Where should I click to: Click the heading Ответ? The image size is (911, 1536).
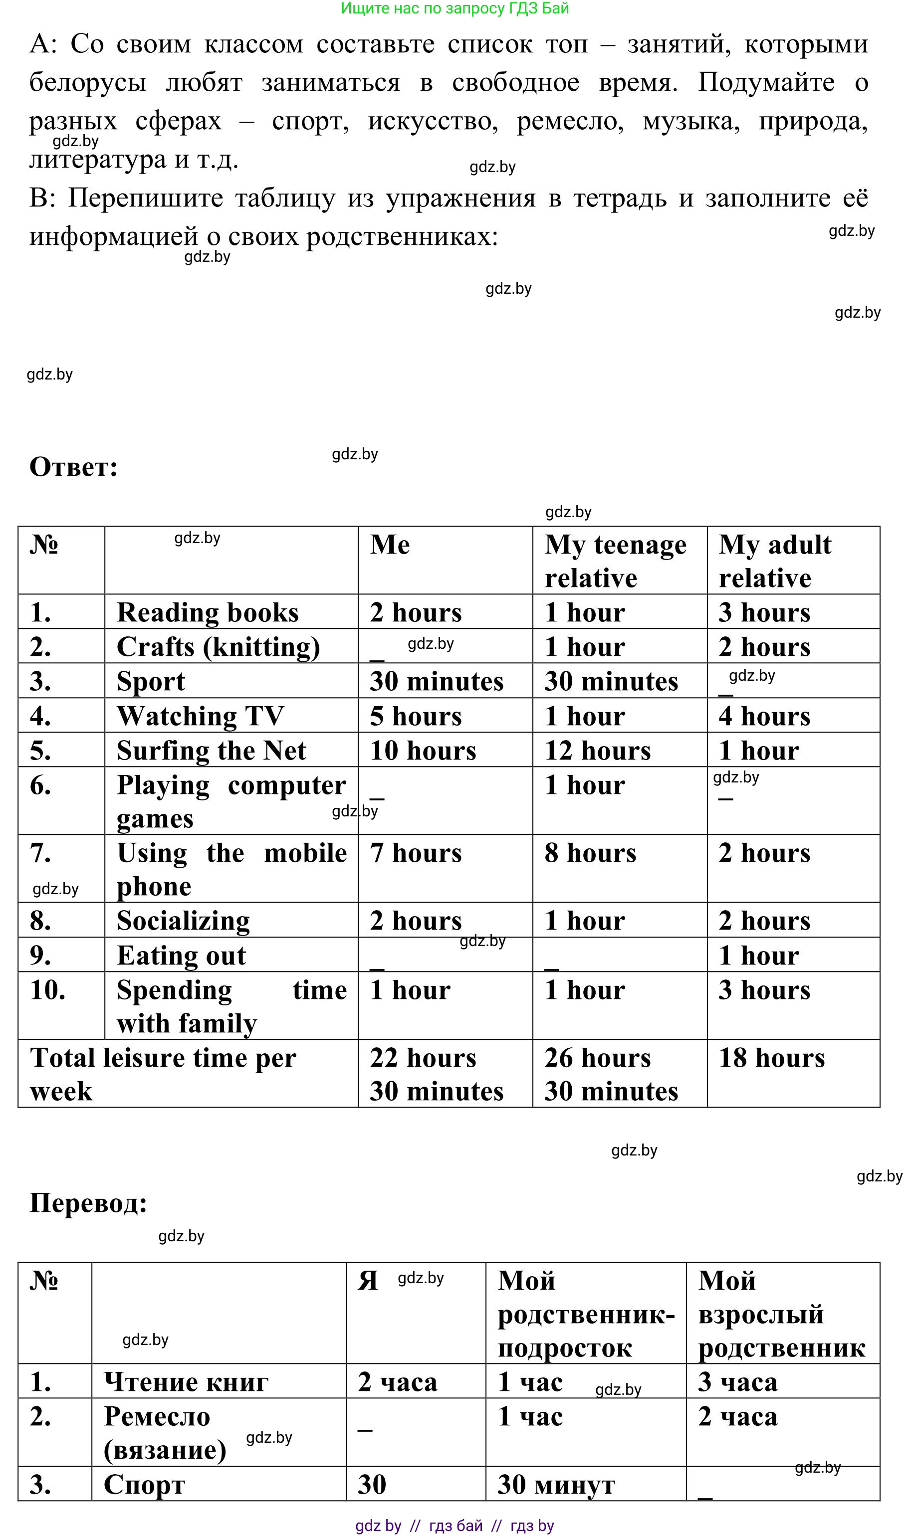(74, 468)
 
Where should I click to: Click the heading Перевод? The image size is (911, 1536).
(88, 1203)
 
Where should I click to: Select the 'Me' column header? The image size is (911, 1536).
(390, 545)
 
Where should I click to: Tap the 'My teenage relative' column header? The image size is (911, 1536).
(615, 561)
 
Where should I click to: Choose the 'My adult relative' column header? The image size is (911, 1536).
(775, 561)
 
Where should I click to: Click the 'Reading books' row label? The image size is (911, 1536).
(208, 612)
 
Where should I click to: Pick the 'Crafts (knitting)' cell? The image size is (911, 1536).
(218, 647)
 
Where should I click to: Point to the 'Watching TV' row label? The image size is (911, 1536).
(200, 716)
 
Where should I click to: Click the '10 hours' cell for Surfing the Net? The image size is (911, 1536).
(423, 751)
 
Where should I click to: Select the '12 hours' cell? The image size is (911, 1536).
(597, 751)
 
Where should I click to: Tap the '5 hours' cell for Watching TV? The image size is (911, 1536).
(416, 716)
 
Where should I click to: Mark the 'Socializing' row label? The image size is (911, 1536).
(183, 921)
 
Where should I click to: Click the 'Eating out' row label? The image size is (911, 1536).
(181, 956)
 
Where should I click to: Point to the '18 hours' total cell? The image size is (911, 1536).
(772, 1058)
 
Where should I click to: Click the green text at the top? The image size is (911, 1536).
(455, 8)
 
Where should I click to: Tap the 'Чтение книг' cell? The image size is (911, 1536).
(186, 1382)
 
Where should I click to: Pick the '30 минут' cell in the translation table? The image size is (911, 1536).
(556, 1485)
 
